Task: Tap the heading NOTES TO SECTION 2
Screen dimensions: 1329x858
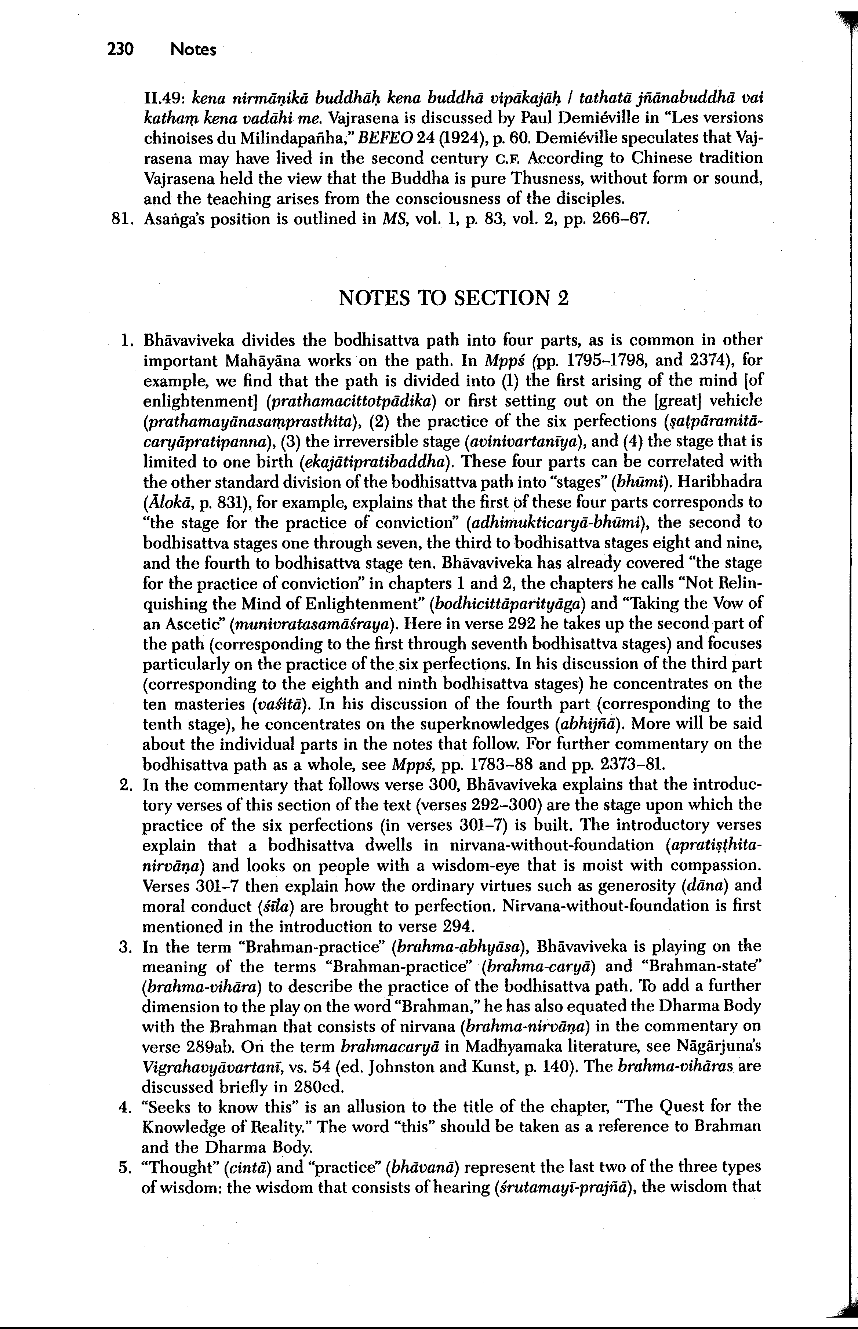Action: [454, 299]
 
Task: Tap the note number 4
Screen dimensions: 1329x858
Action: [125, 1108]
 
